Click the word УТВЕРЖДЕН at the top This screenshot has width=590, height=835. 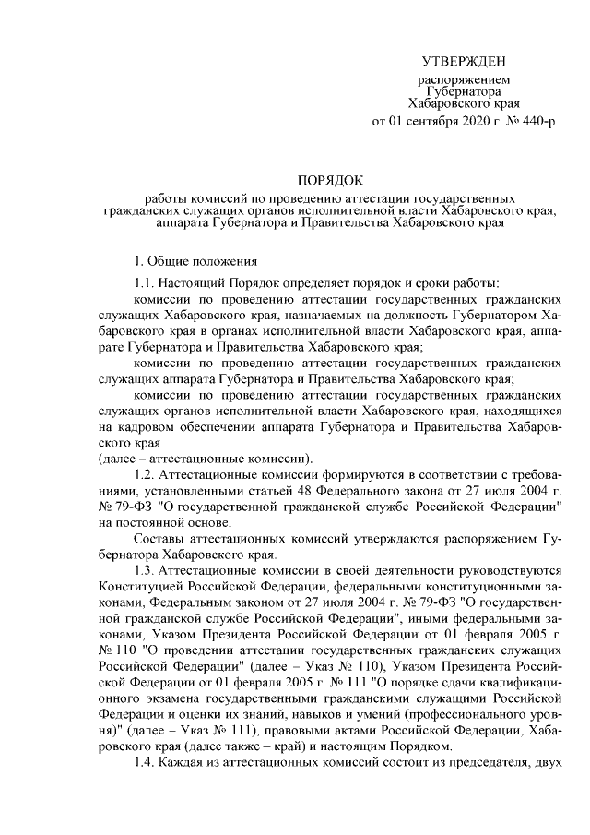coord(463,62)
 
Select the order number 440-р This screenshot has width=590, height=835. coord(537,120)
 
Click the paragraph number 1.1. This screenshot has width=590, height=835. coord(146,283)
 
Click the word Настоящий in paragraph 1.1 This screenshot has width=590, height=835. coord(191,283)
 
